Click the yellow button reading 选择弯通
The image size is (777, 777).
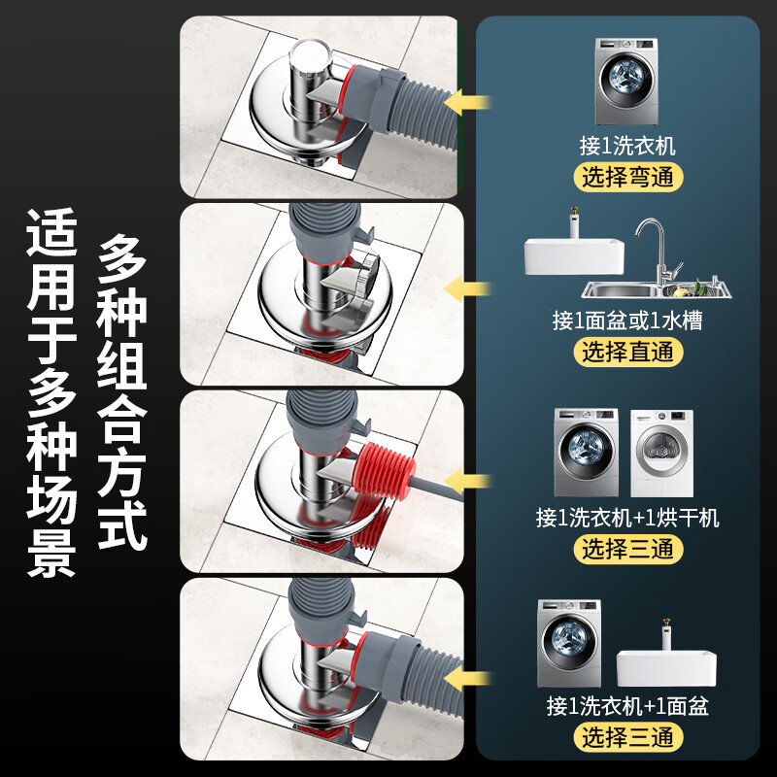[x=626, y=177]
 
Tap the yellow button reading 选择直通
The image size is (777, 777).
[x=626, y=352]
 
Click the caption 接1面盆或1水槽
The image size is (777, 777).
[x=626, y=321]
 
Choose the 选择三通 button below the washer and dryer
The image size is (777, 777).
[x=626, y=549]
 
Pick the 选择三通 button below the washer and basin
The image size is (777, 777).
[x=626, y=736]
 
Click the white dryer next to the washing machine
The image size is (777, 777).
[x=661, y=453]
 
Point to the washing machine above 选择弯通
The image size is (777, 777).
[x=625, y=82]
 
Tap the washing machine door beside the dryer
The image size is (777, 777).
[x=584, y=454]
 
